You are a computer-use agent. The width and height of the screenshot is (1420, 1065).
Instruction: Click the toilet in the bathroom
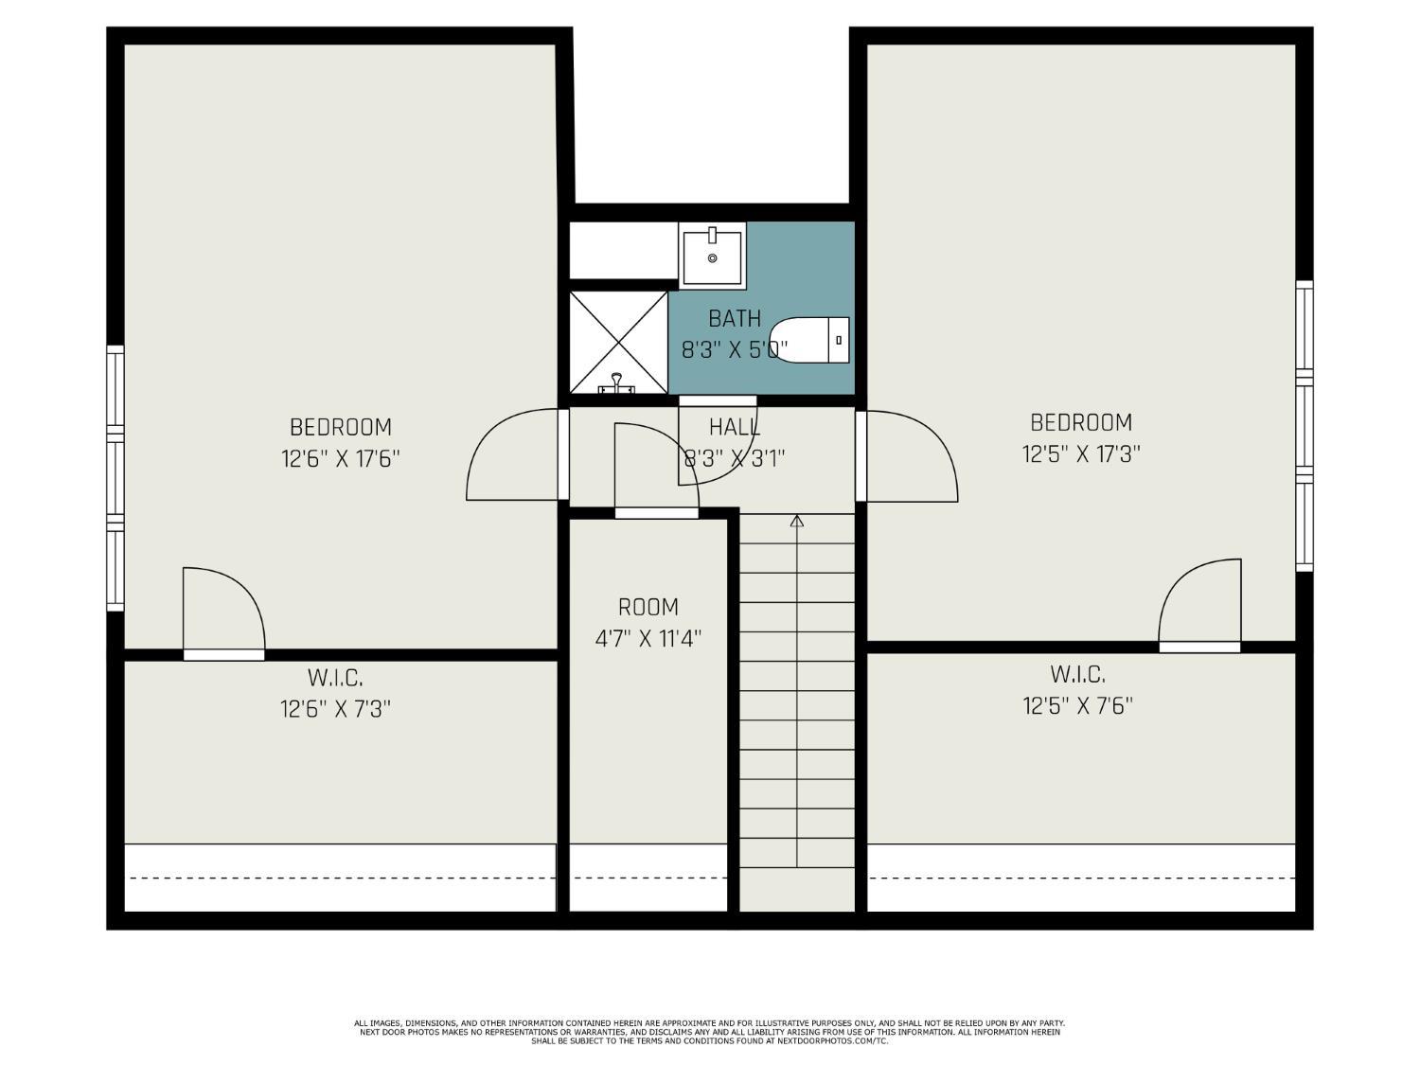tap(811, 341)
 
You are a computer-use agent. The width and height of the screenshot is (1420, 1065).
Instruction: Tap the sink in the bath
tap(712, 255)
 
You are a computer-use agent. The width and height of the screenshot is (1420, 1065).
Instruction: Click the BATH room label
tap(735, 318)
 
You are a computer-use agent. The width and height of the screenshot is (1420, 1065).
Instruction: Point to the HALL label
tap(735, 427)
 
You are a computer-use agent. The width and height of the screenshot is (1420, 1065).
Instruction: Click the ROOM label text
tap(648, 607)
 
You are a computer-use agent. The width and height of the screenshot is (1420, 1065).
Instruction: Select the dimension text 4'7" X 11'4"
tap(648, 639)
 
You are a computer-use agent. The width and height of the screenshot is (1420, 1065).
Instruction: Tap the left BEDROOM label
tap(341, 427)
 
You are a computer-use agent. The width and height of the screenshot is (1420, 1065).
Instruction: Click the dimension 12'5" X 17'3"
tap(1080, 454)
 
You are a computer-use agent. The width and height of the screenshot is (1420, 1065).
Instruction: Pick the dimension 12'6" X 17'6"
tap(341, 459)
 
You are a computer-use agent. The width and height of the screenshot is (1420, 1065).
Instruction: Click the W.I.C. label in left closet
tap(335, 678)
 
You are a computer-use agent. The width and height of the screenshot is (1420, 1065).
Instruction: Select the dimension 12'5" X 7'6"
tap(1077, 706)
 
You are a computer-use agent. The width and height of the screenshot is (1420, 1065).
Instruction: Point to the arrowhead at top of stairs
tap(797, 521)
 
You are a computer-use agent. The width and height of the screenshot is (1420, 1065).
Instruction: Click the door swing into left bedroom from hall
tap(511, 455)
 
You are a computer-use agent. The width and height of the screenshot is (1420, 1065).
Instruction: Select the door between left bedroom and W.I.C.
tap(222, 612)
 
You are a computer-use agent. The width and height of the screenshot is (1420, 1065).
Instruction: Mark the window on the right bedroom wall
tap(1305, 426)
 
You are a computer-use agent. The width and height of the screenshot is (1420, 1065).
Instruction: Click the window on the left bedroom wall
tap(115, 478)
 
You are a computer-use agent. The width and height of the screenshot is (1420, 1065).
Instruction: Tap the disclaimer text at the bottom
tap(710, 1032)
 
